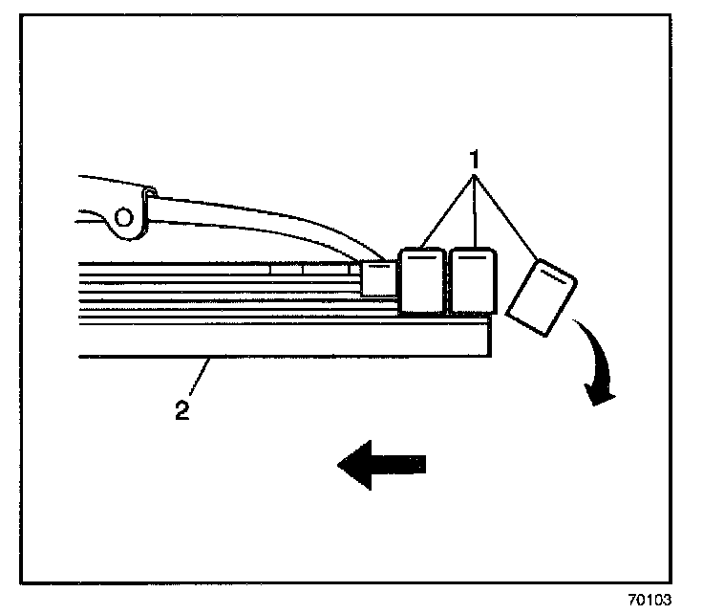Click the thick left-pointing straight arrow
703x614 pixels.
[x=382, y=465]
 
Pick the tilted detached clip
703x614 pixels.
[x=540, y=297]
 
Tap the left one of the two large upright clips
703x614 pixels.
[x=421, y=281]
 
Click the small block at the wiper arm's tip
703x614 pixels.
[x=376, y=277]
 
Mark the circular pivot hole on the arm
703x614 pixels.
[x=123, y=217]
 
